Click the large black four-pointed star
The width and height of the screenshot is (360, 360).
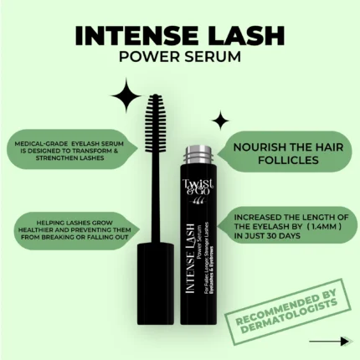[127, 96]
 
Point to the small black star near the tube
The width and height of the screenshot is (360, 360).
[220, 120]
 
